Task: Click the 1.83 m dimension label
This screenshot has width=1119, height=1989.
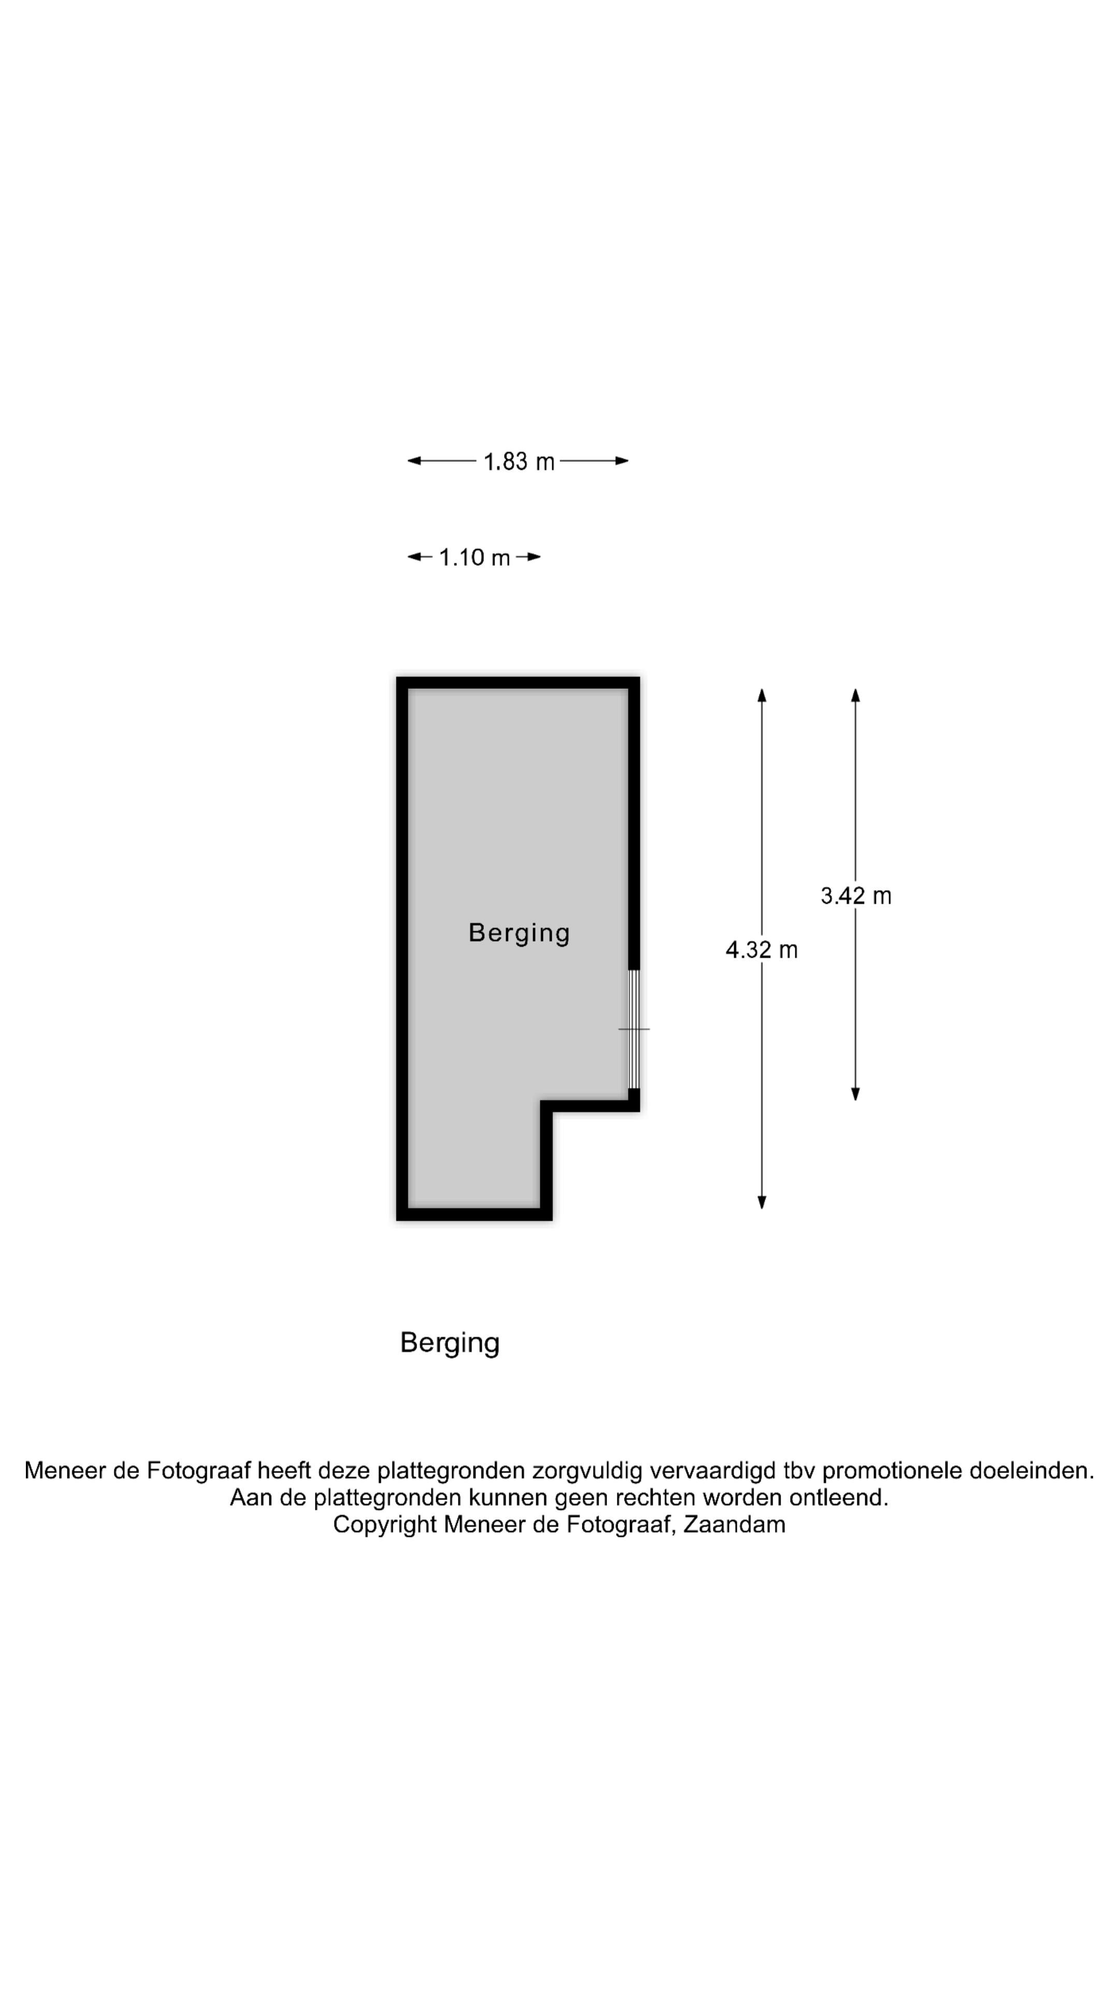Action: click(519, 462)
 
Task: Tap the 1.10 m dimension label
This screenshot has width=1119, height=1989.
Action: click(474, 557)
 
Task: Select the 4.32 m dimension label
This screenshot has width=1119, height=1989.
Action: click(762, 950)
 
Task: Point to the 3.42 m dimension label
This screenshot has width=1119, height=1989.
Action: click(856, 896)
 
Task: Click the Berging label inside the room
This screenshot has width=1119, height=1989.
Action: click(519, 933)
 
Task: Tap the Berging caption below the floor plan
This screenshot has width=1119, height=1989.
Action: click(450, 1344)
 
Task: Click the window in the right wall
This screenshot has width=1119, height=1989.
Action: click(633, 1029)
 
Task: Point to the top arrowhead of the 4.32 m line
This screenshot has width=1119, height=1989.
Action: click(762, 695)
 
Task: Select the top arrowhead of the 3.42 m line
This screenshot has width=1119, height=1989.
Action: click(856, 695)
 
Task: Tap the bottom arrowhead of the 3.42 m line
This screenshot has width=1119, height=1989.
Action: click(856, 1093)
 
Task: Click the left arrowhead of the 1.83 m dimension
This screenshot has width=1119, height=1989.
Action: click(414, 461)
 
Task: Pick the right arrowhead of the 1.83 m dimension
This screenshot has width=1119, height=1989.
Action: click(622, 461)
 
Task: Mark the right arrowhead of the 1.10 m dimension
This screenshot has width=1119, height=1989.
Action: click(534, 557)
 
